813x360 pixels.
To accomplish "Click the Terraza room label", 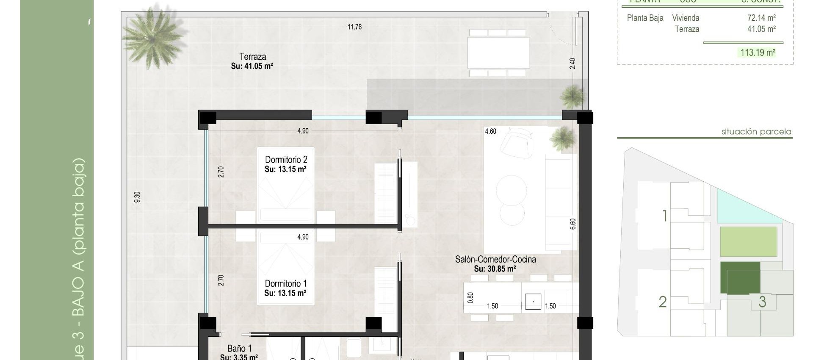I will [252, 57].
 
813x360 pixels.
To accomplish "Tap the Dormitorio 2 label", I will [286, 160].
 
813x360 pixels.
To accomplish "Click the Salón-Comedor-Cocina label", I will [495, 259].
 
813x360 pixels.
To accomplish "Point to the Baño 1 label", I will [239, 349].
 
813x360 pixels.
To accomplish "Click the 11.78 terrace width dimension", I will [354, 27].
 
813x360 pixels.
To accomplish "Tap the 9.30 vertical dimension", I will [137, 197].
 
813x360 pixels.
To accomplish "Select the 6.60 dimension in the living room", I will [573, 224].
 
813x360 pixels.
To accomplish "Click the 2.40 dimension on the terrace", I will [572, 64].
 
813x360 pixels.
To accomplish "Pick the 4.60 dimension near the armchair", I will [490, 131].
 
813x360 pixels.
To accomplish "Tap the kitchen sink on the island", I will [533, 302].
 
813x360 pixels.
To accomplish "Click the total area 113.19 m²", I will [758, 53].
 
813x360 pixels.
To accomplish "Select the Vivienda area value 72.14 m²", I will [761, 18].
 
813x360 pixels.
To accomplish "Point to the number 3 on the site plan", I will [762, 302].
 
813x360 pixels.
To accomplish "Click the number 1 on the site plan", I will [665, 216].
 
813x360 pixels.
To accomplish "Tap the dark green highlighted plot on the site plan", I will [740, 277].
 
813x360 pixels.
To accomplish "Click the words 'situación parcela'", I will [756, 132].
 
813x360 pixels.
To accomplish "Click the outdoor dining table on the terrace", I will [498, 53].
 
